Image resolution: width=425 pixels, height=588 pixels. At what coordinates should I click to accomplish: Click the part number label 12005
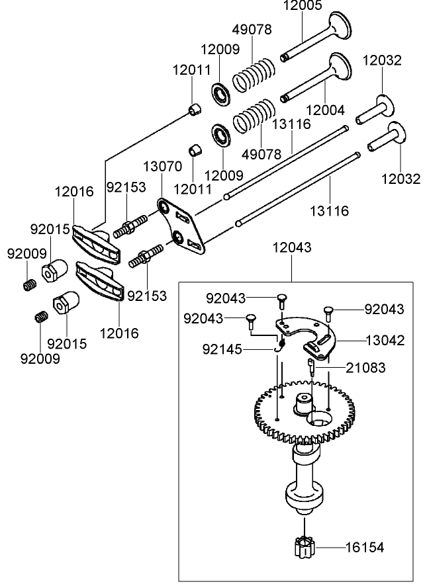pos(303,7)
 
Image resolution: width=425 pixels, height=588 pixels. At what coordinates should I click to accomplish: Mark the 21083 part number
pos(364,367)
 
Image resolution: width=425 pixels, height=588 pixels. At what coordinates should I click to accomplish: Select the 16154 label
pos(364,548)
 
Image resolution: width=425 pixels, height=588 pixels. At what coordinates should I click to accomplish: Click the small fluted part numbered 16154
pos(304,548)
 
